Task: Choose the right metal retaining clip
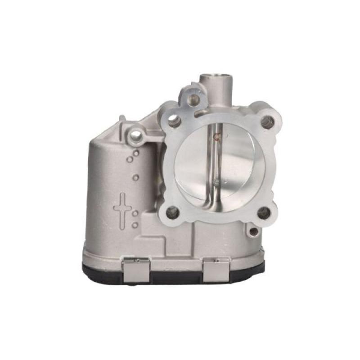coord(216,271)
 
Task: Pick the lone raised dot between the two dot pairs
coord(135,177)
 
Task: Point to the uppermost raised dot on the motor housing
coord(135,153)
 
